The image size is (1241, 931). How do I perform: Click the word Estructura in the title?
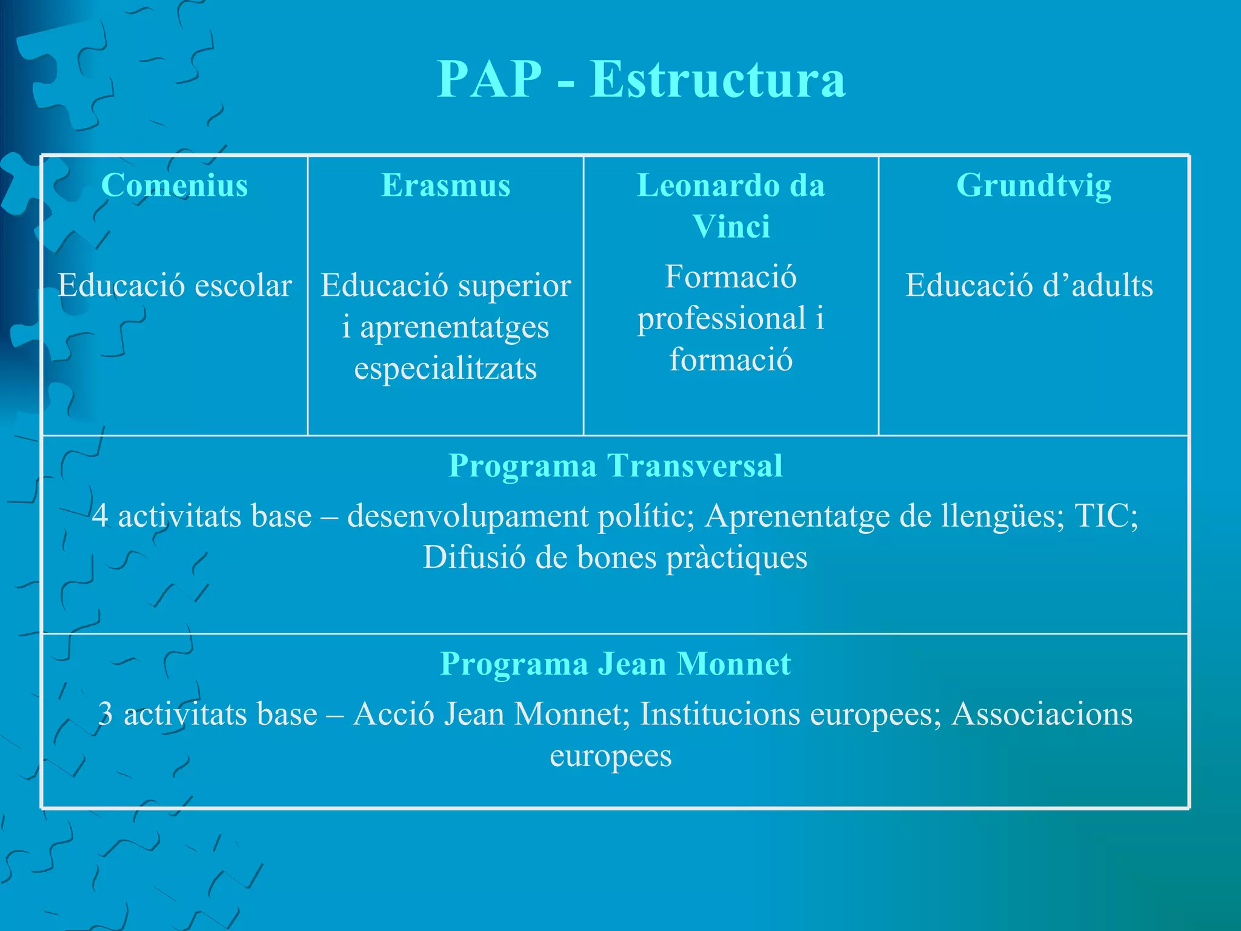point(717,79)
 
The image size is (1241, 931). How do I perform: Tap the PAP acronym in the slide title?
point(489,79)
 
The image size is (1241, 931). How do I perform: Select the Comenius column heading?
point(175,185)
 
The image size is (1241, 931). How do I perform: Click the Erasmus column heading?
point(445,185)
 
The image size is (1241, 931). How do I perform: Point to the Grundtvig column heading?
point(1034,185)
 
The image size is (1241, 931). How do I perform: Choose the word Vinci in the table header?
point(731,227)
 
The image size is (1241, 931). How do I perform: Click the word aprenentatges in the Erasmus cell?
point(454,327)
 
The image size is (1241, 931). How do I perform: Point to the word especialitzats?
point(445,369)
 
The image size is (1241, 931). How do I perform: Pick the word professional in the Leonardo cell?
point(721,318)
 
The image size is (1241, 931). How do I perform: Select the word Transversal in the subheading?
point(694,466)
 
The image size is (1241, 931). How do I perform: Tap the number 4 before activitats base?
point(101,516)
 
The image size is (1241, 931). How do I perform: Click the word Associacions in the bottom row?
point(1042,714)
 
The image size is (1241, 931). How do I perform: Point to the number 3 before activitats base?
point(105,714)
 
